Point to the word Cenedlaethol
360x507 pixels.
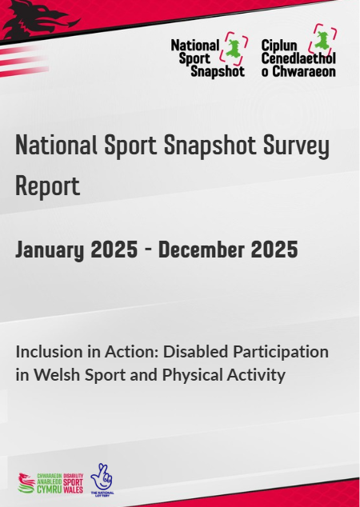(298, 58)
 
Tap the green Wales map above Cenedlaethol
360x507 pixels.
(323, 37)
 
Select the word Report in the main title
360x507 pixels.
(48, 186)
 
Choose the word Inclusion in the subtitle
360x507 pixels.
(47, 351)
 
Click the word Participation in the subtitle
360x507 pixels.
(280, 351)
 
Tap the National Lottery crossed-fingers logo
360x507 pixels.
(102, 478)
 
